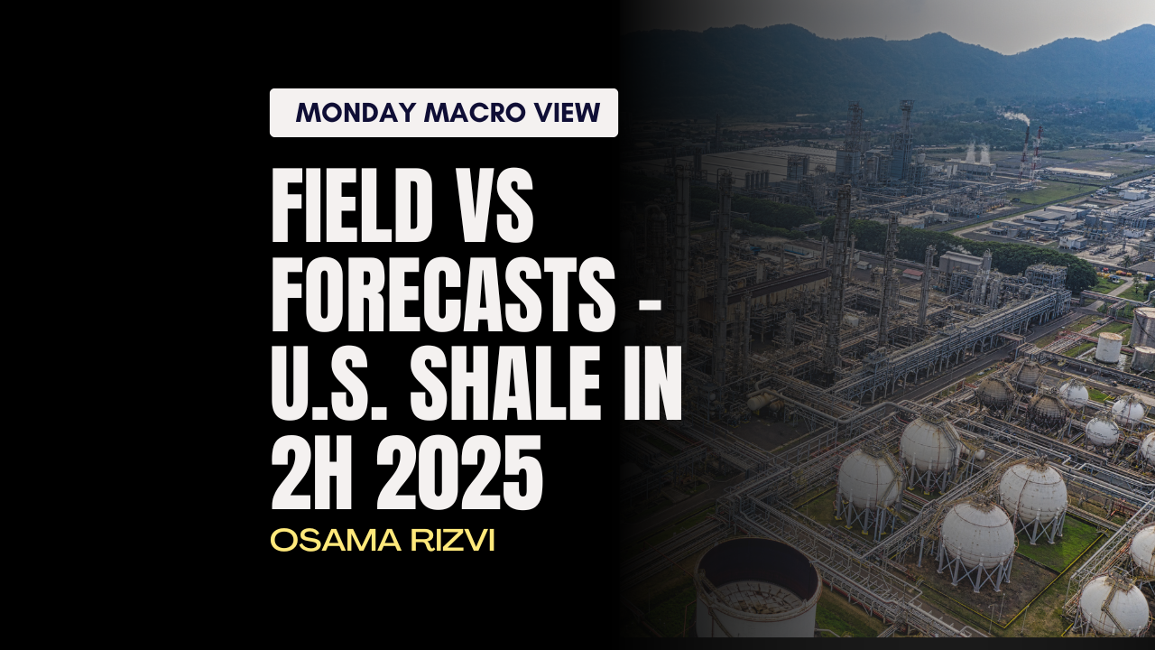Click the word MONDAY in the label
point(356,113)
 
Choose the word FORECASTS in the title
point(443,294)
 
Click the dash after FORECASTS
point(649,300)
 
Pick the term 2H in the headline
point(313,472)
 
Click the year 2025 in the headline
point(459,472)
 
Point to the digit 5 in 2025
point(523,472)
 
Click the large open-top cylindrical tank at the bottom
point(757,593)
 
